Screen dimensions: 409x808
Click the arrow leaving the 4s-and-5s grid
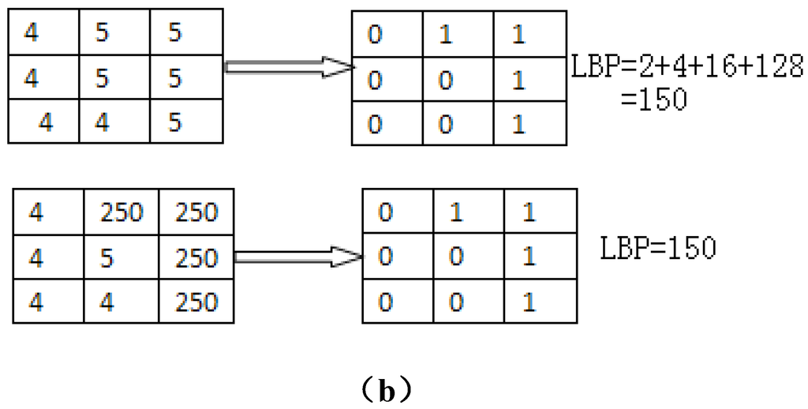[288, 68]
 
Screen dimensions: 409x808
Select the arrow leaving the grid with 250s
[298, 257]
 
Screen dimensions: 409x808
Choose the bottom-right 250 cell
[196, 302]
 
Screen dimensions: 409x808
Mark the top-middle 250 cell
[122, 212]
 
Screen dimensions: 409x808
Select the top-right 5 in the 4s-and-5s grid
[175, 32]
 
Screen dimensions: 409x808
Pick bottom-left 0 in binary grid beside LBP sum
[375, 125]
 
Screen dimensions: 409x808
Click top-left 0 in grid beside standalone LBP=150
[384, 212]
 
